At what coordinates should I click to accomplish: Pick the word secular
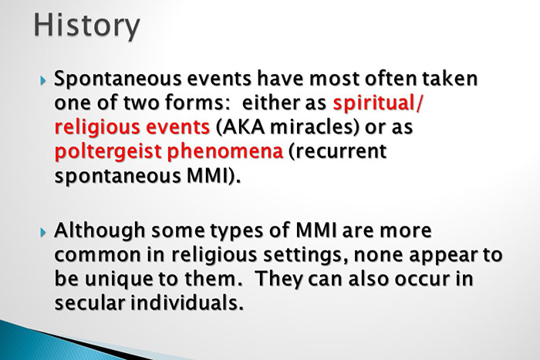pos(89,303)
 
